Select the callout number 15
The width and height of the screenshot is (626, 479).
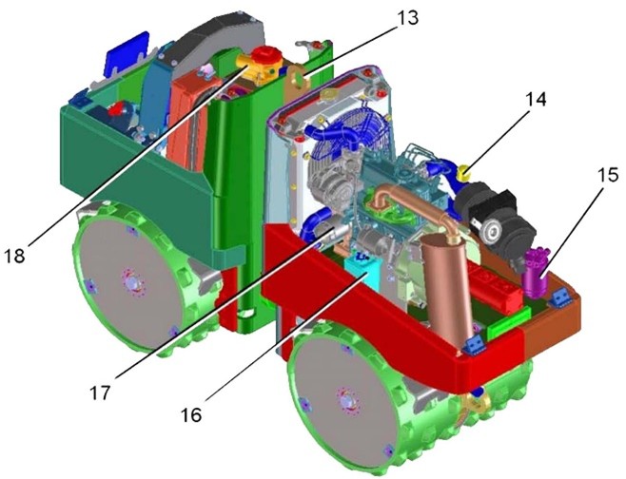[607, 175]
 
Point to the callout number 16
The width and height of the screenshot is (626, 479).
[191, 415]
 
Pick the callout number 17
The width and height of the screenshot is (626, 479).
[99, 393]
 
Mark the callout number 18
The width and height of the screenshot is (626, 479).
[14, 256]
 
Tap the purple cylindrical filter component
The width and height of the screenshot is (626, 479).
[536, 273]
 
